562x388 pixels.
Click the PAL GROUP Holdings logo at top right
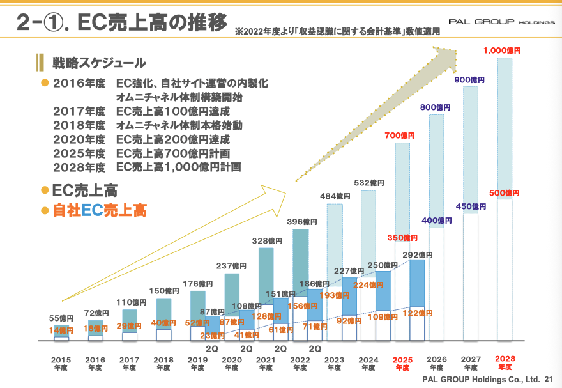click(501, 22)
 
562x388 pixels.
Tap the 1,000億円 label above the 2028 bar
click(502, 50)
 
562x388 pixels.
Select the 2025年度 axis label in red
click(402, 363)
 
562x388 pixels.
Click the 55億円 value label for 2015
click(61, 318)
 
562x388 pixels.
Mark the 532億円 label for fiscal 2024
click(368, 183)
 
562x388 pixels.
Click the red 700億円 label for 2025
click(400, 136)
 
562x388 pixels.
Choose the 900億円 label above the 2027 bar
click(469, 80)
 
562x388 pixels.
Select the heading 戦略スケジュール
click(99, 63)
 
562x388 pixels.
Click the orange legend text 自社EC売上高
click(100, 210)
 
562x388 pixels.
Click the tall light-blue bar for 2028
click(505, 128)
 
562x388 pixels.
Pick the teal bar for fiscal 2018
click(164, 313)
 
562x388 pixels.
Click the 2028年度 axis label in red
click(505, 363)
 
